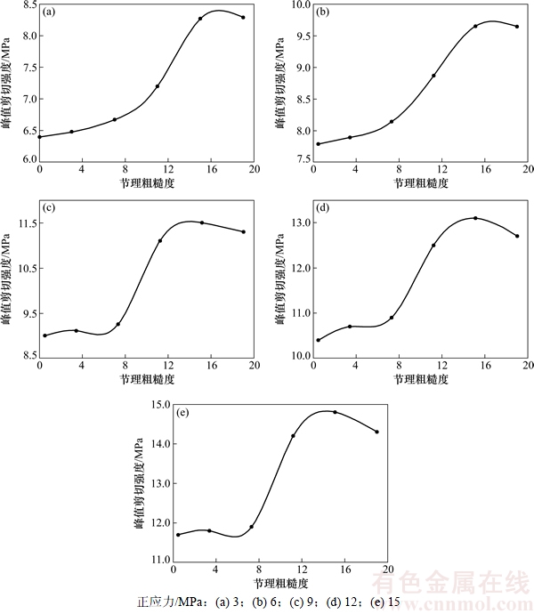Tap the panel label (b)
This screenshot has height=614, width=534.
323,12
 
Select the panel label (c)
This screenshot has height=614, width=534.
49,208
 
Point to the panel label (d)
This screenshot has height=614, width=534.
323,208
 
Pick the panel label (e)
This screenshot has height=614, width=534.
182,413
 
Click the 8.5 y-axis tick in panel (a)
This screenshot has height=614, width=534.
26,5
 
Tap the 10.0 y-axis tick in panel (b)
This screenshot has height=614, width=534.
297,5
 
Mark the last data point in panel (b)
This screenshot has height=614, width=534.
516,27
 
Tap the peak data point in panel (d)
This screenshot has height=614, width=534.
475,218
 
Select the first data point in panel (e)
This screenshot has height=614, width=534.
178,535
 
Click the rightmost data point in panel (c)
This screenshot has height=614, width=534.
243,232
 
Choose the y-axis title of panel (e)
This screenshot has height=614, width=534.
139,485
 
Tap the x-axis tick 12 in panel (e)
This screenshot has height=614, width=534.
302,570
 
